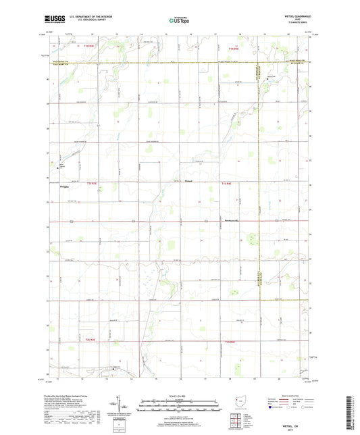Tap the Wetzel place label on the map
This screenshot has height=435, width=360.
pyautogui.click(x=190, y=180)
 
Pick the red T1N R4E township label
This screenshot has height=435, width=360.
pyautogui.click(x=234, y=48)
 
